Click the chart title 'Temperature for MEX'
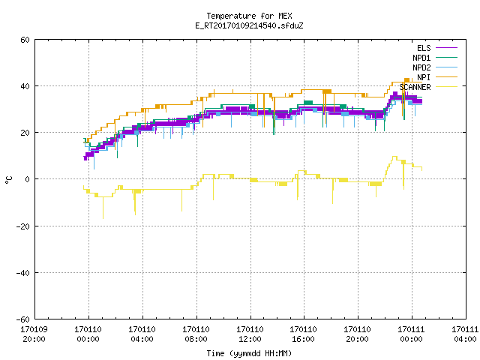click(x=249, y=16)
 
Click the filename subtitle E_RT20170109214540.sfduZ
click(x=249, y=25)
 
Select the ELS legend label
click(x=424, y=48)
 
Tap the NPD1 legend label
click(x=421, y=58)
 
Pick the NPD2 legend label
click(x=421, y=67)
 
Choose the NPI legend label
click(x=424, y=77)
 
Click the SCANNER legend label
click(x=415, y=87)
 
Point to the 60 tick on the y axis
click(x=25, y=40)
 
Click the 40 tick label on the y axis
click(x=25, y=86)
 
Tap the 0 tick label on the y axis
click(x=27, y=179)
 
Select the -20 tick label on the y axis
click(x=23, y=226)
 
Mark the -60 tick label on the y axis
click(x=23, y=319)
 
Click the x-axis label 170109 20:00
click(x=34, y=334)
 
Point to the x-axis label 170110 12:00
click(x=250, y=334)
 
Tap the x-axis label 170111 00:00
click(x=411, y=334)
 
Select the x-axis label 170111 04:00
click(x=465, y=334)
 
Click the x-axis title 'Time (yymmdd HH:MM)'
click(x=249, y=353)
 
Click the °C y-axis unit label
click(x=8, y=180)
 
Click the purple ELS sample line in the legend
click(x=446, y=48)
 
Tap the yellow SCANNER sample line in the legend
click(x=446, y=87)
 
